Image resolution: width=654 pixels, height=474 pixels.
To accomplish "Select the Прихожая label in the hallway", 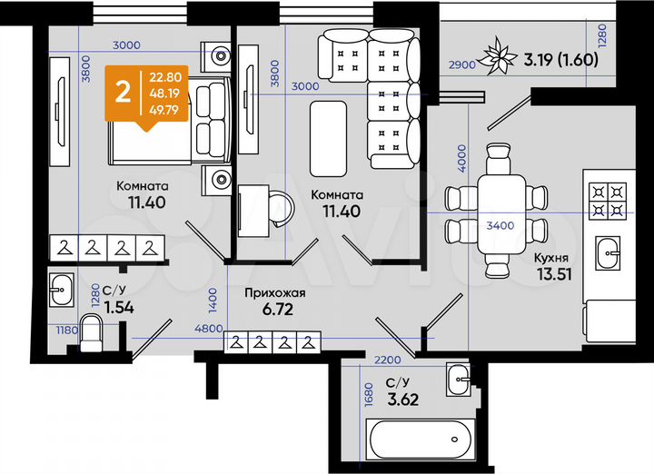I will [x=273, y=294].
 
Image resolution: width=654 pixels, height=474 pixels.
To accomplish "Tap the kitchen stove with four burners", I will [x=608, y=202].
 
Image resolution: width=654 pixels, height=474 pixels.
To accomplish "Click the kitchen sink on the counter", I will [x=606, y=251].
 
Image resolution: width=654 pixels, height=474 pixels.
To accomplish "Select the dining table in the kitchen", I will [x=495, y=207].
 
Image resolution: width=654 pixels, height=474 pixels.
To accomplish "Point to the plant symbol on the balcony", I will [x=499, y=57].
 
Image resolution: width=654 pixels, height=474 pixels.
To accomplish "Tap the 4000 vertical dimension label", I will [x=462, y=158].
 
